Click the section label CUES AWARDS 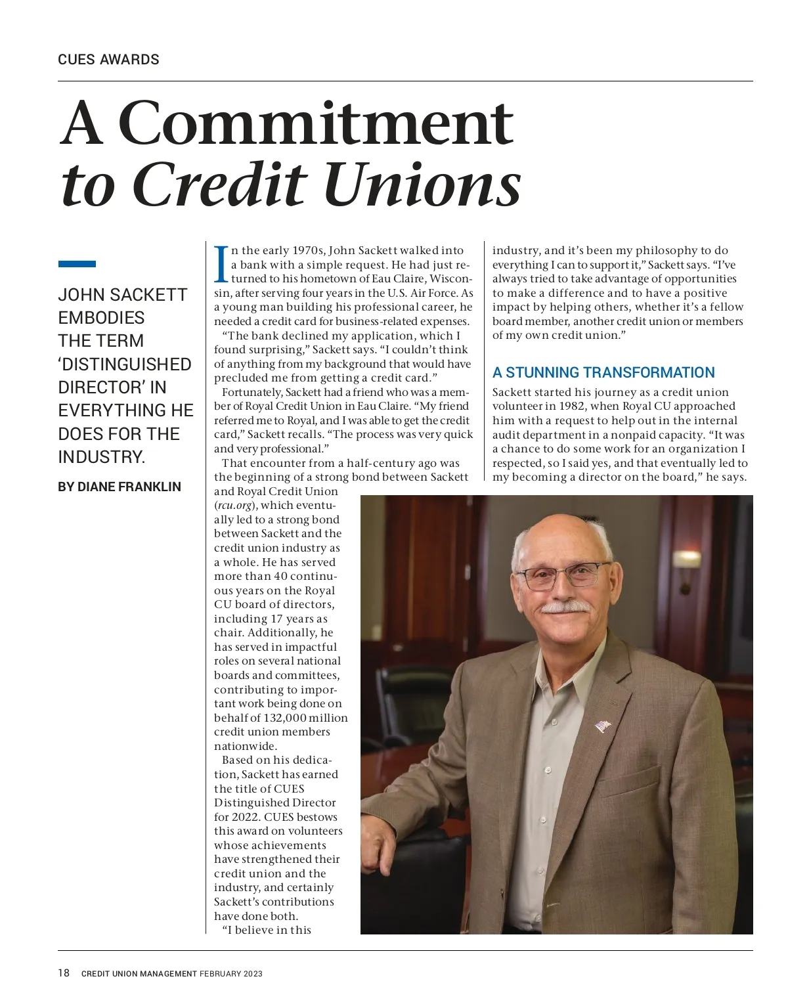108,60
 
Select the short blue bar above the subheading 77,264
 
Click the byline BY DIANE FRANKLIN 120,487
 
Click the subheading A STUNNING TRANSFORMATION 603,372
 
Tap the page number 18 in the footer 64,973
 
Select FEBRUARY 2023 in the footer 231,974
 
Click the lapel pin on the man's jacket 602,726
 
